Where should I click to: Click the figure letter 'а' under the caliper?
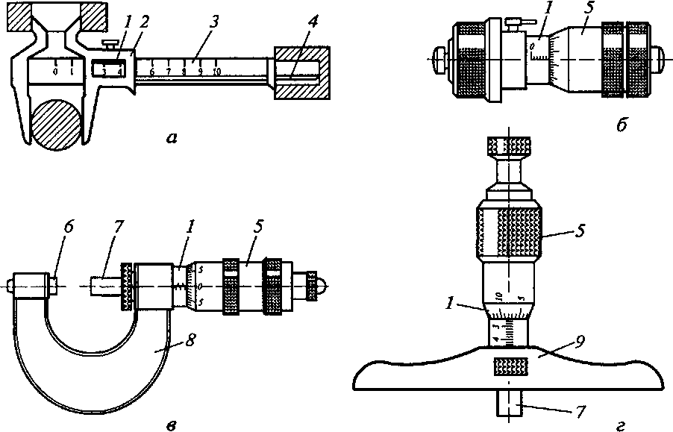(173, 138)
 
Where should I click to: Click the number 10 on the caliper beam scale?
(216, 72)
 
